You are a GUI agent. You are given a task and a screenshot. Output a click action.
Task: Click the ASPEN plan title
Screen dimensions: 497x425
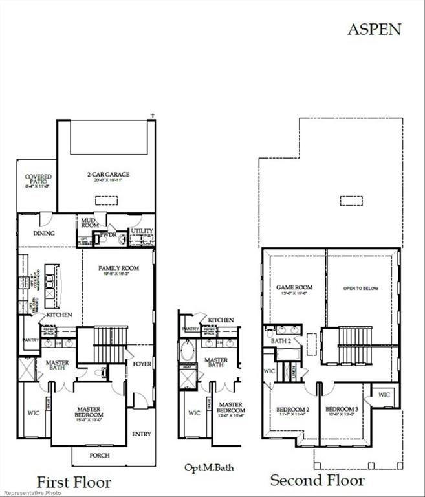click(x=375, y=29)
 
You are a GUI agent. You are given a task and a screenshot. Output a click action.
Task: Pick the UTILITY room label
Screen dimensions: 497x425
click(x=142, y=231)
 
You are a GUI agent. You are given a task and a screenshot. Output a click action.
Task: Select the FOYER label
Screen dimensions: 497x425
click(x=142, y=364)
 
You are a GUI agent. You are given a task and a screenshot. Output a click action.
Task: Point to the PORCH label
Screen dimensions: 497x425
click(x=100, y=455)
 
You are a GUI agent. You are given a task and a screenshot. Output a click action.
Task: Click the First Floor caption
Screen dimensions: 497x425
click(x=73, y=482)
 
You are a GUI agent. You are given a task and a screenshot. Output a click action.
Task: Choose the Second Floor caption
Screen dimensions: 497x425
click(x=317, y=480)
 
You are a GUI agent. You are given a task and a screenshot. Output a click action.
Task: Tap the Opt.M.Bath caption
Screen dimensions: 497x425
click(x=205, y=467)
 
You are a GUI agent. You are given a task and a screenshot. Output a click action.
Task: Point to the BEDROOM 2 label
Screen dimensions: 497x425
click(x=292, y=410)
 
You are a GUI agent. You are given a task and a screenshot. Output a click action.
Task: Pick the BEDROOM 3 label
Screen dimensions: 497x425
click(x=341, y=410)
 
